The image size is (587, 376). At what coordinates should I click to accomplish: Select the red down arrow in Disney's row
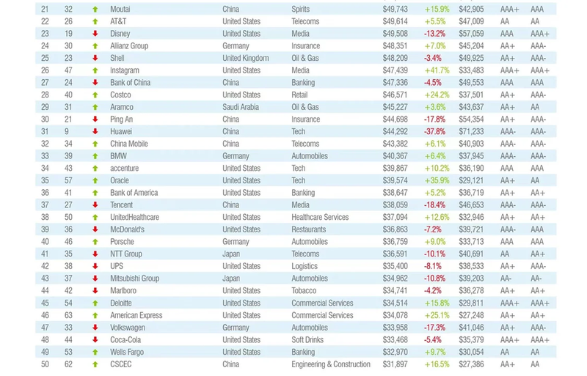click(x=95, y=34)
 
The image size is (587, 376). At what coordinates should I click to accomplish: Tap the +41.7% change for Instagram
click(x=436, y=70)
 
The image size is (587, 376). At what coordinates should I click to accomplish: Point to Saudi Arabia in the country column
click(x=244, y=107)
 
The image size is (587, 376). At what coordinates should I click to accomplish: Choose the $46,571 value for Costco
click(x=395, y=95)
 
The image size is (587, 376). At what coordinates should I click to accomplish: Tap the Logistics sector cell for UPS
click(x=305, y=266)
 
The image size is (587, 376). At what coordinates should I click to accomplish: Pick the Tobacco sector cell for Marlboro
click(x=304, y=291)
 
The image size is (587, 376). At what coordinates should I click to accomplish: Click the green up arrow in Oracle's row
click(x=95, y=180)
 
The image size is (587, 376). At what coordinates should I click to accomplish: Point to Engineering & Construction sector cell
click(x=330, y=364)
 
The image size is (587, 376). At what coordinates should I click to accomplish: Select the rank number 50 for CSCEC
click(x=45, y=364)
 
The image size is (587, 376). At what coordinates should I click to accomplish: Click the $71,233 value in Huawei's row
click(x=471, y=132)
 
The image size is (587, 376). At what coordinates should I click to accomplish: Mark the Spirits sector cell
click(x=302, y=10)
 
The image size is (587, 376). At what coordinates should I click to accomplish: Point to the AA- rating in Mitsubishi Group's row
click(x=507, y=279)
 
